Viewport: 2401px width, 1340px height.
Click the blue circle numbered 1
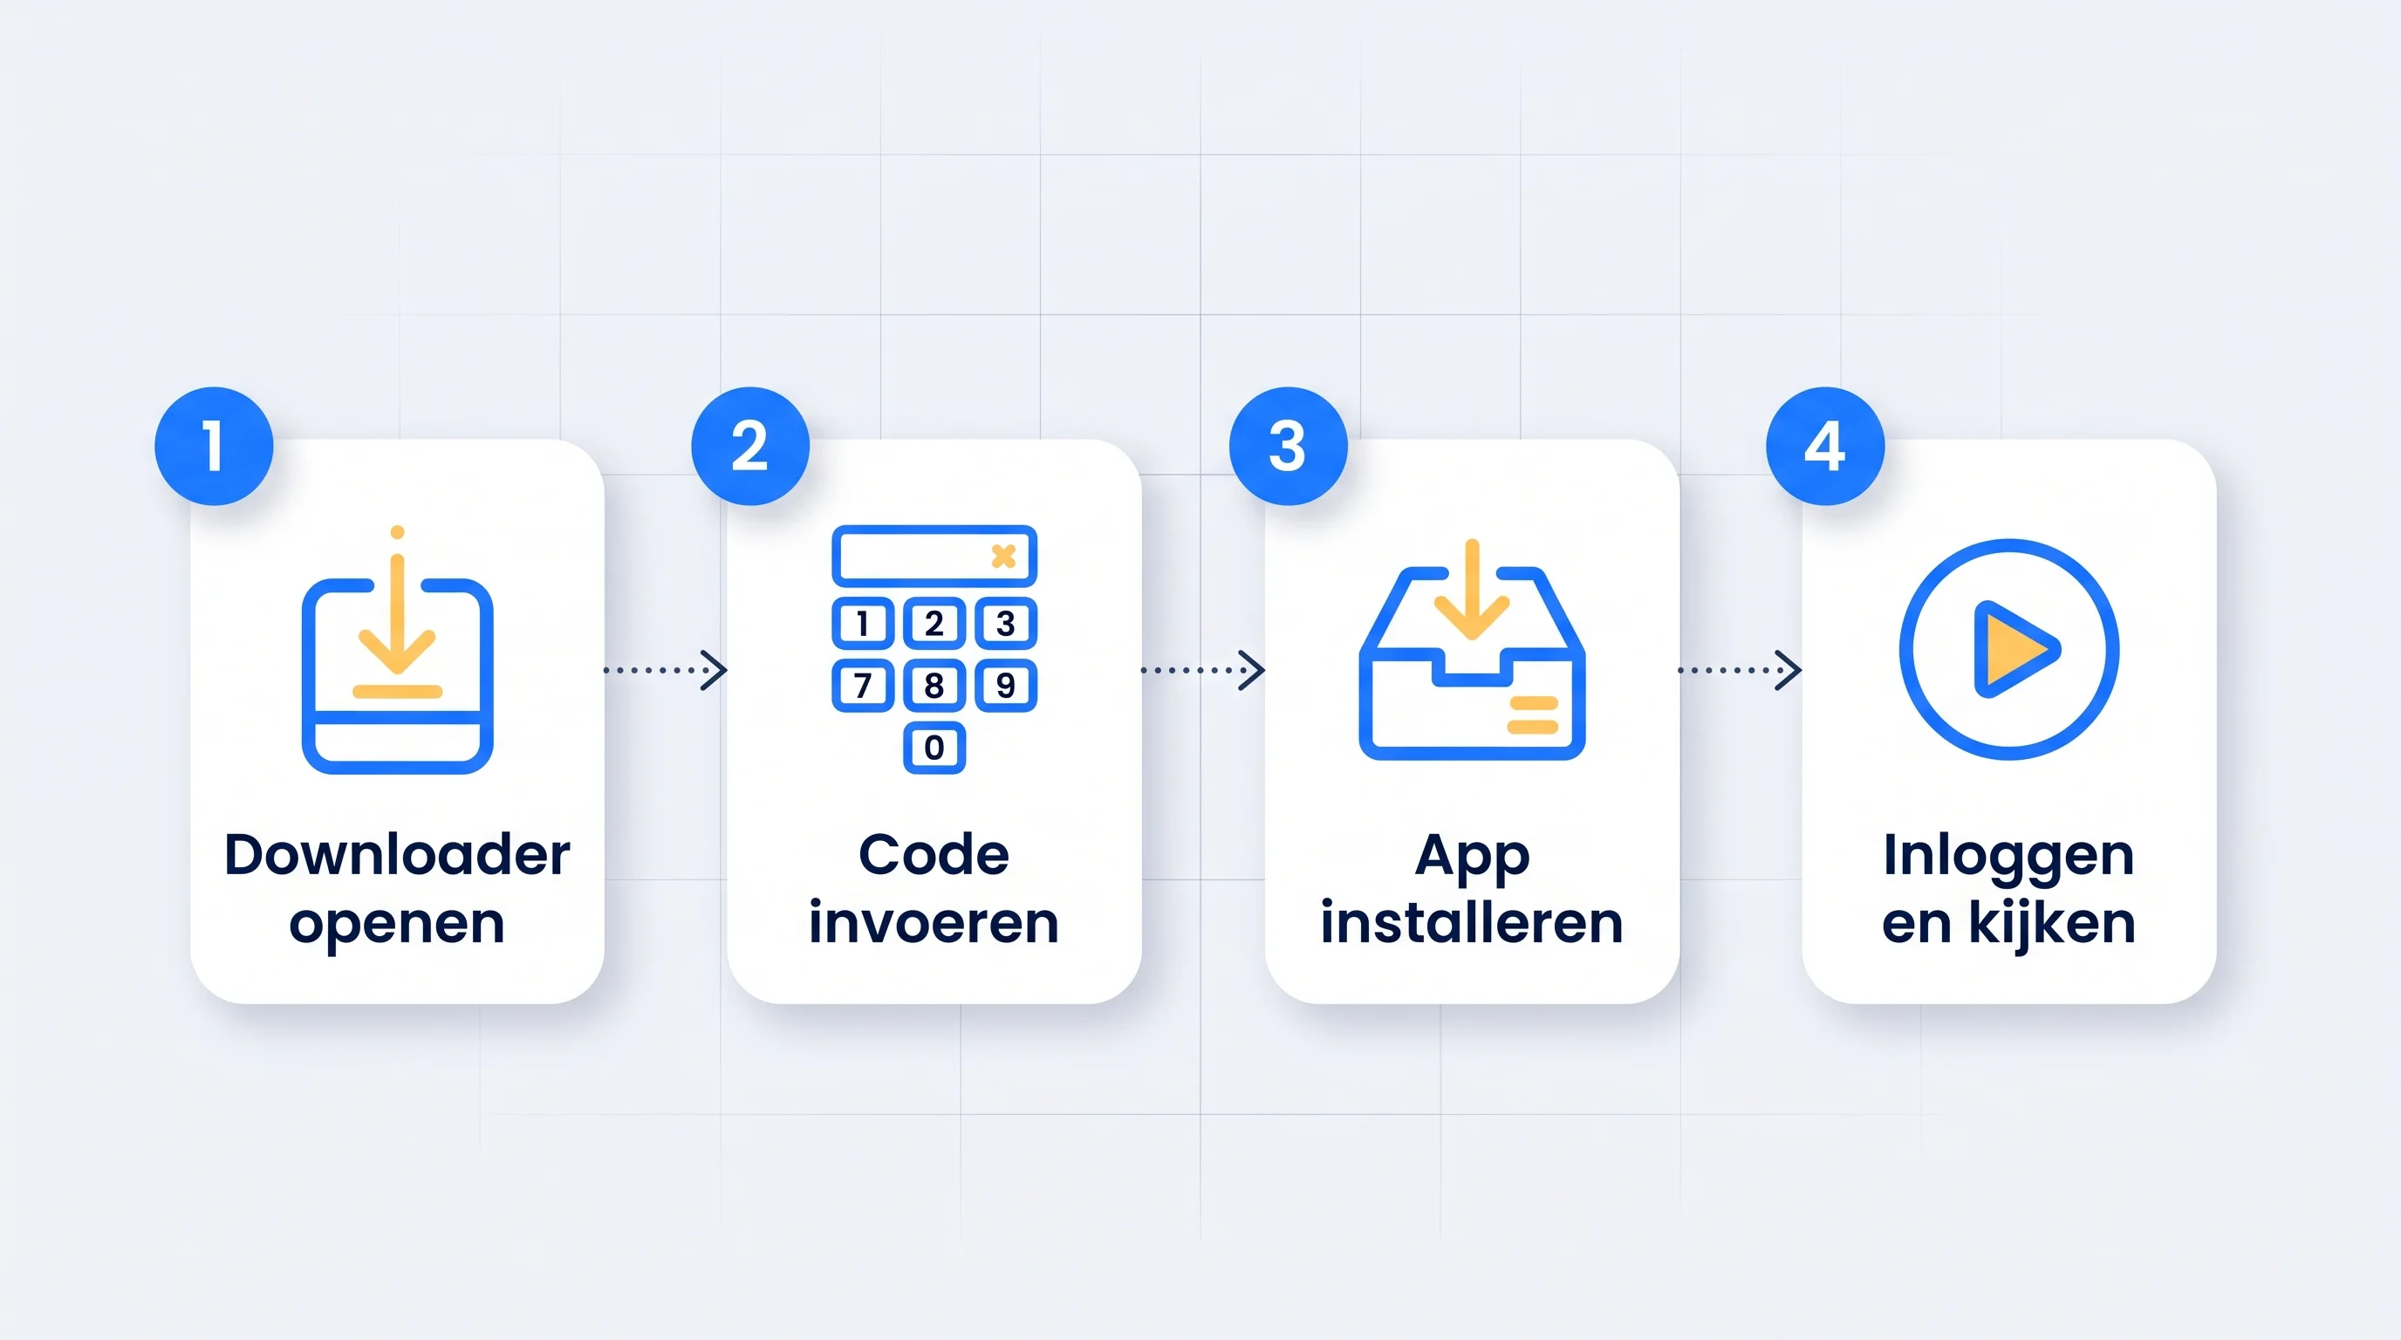point(214,447)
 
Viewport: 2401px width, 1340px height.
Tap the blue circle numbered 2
point(750,447)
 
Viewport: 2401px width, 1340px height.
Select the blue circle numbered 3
point(1288,447)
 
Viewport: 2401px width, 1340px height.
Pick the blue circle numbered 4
point(1825,447)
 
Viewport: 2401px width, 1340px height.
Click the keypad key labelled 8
point(934,686)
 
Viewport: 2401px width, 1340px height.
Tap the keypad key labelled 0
point(934,748)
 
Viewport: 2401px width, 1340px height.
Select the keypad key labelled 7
point(862,686)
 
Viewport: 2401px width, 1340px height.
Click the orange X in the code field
point(1004,557)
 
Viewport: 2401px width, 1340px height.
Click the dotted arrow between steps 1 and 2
point(666,670)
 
